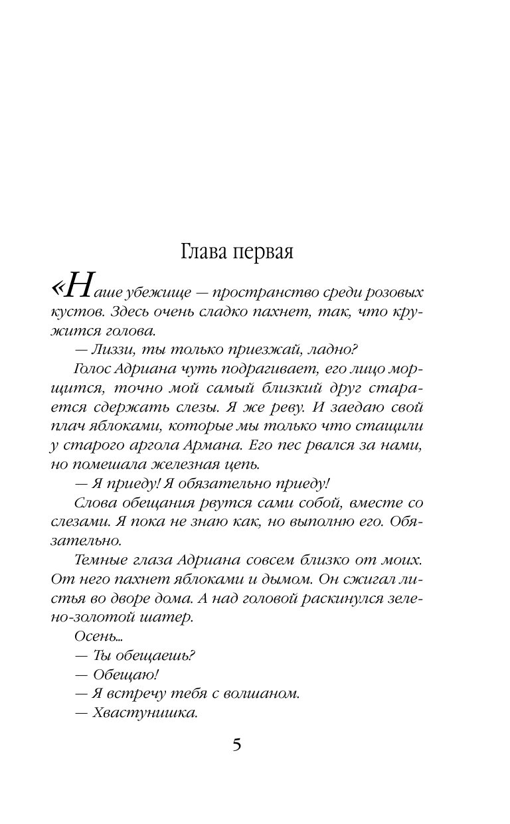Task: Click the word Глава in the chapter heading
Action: click(205, 254)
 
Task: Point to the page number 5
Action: click(237, 744)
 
